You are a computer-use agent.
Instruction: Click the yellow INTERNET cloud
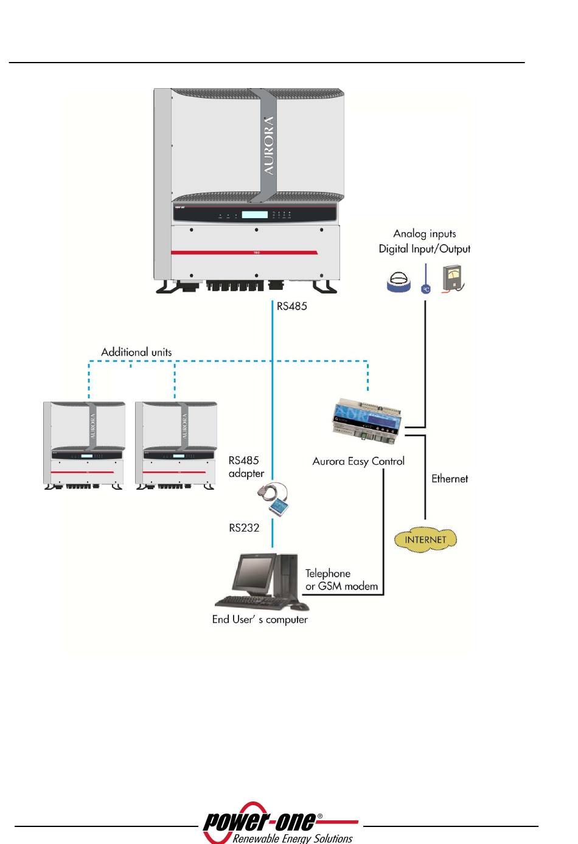pyautogui.click(x=425, y=540)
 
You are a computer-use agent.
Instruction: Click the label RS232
pyautogui.click(x=244, y=528)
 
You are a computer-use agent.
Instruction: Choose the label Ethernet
pyautogui.click(x=450, y=479)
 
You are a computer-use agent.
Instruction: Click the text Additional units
pyautogui.click(x=136, y=352)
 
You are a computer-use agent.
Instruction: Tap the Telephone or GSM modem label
pyautogui.click(x=341, y=580)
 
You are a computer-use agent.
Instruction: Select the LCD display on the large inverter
pyautogui.click(x=254, y=214)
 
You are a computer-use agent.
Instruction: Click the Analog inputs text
pyautogui.click(x=425, y=234)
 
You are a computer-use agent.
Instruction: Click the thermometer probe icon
pyautogui.click(x=426, y=281)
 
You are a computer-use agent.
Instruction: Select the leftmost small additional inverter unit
pyautogui.click(x=85, y=445)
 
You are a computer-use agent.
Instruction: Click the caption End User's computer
pyautogui.click(x=260, y=620)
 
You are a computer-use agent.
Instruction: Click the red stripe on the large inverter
pyautogui.click(x=243, y=252)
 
